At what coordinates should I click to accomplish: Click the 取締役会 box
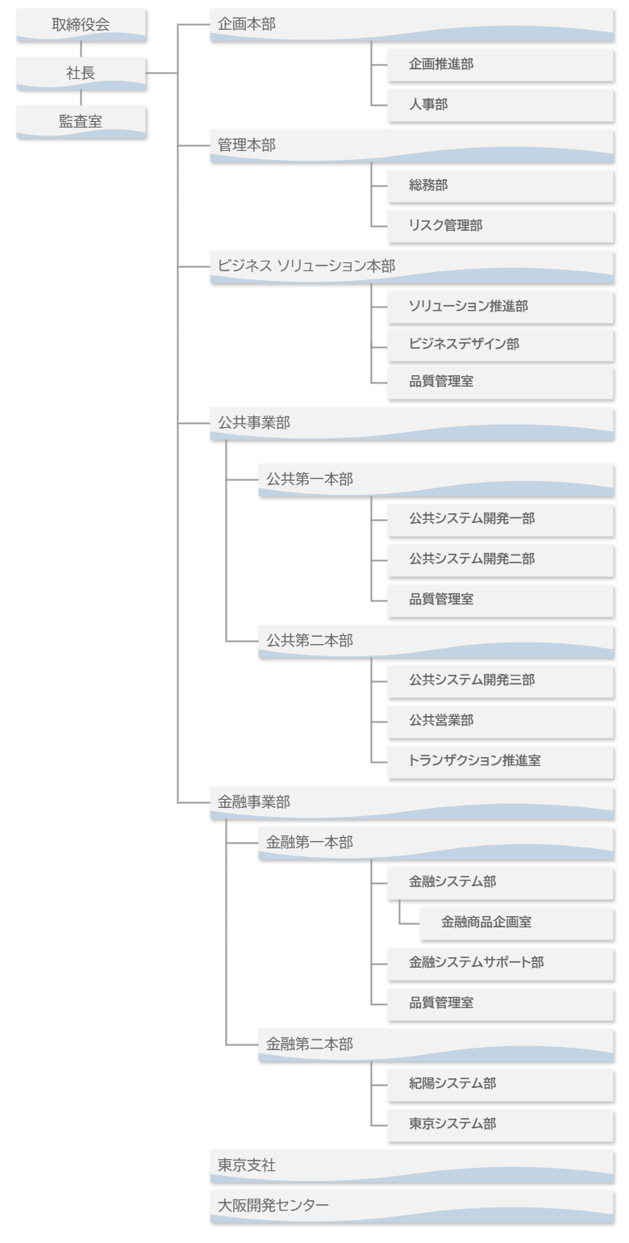tap(81, 25)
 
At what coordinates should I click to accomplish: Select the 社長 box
tap(81, 73)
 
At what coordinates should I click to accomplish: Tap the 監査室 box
tap(81, 122)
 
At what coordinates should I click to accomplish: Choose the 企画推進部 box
tap(500, 65)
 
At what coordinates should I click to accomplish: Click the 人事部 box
tap(500, 106)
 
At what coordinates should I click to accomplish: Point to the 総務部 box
tap(500, 186)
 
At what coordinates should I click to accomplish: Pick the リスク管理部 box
tap(500, 227)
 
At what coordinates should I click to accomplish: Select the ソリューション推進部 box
tap(500, 306)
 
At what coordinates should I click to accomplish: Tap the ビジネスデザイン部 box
tap(500, 345)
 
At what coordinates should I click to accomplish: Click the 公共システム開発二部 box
tap(500, 559)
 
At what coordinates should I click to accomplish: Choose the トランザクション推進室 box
tap(500, 760)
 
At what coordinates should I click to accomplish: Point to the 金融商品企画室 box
tap(516, 923)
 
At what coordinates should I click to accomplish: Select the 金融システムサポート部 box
tap(500, 963)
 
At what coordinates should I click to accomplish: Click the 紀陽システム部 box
tap(500, 1084)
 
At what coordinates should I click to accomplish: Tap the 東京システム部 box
tap(500, 1124)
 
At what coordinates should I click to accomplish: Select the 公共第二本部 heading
tap(310, 641)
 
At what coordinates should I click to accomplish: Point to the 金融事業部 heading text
tap(254, 802)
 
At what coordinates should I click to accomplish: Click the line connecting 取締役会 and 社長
tap(81, 49)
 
